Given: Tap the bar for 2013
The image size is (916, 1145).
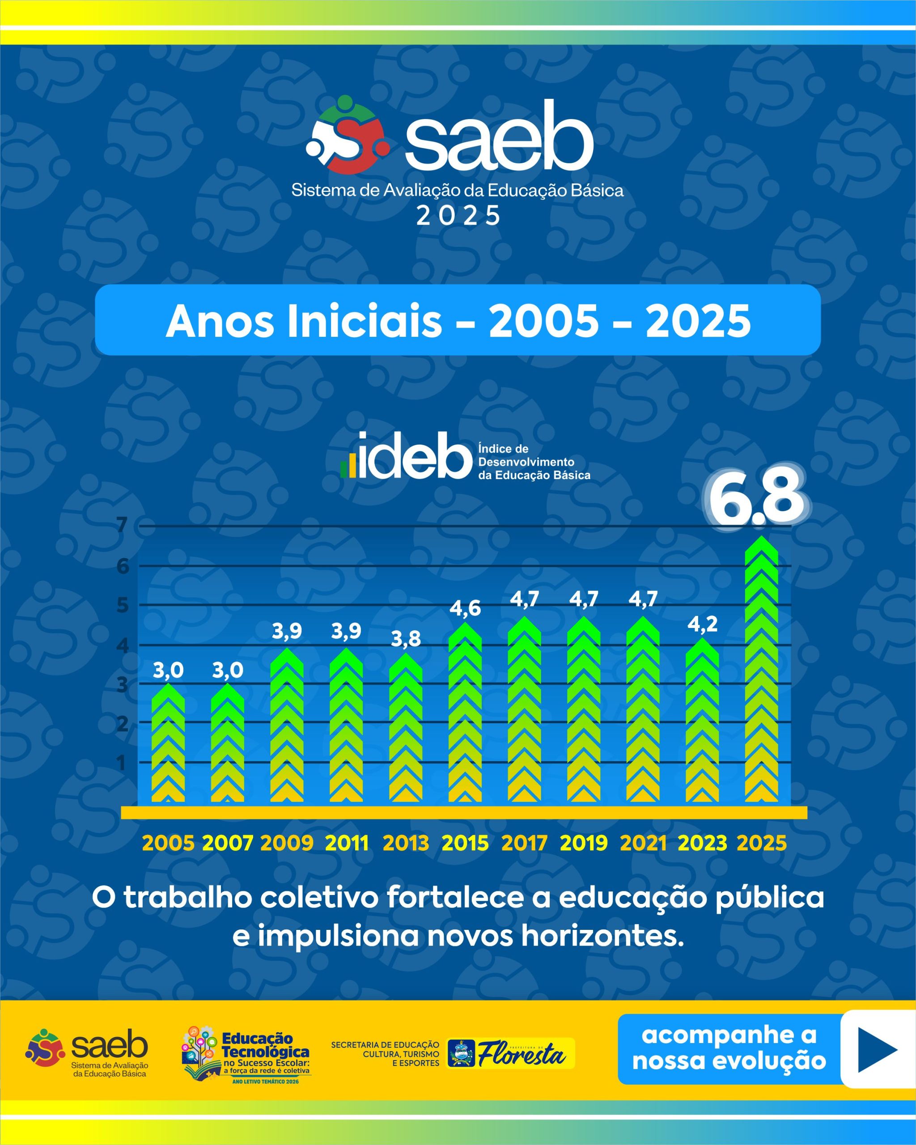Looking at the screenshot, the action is (406, 727).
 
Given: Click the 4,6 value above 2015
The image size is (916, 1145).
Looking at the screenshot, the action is (465, 609).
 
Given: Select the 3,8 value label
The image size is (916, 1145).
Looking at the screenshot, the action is (406, 639).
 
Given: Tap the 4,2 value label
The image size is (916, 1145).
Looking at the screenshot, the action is (702, 624).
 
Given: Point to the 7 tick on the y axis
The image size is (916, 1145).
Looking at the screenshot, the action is (123, 525).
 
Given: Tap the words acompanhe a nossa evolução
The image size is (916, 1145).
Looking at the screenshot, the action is (729, 1049).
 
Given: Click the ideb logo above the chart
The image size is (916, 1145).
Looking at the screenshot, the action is (465, 455).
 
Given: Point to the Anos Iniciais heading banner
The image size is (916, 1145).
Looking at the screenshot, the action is (458, 320).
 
